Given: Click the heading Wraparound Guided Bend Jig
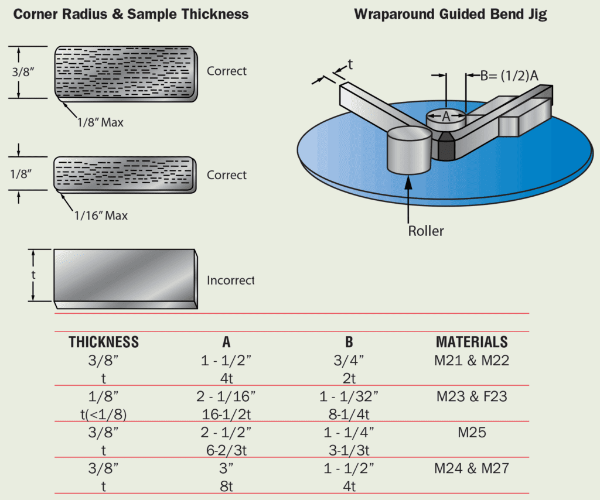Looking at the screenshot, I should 450,15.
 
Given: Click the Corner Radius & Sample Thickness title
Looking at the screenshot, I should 131,15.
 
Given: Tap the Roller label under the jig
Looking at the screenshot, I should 426,231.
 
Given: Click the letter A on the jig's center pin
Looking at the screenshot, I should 446,117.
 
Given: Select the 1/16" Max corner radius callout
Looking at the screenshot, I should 100,215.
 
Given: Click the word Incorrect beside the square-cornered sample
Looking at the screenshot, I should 230,280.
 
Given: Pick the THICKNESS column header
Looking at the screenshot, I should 104,343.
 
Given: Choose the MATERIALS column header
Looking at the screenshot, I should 471,343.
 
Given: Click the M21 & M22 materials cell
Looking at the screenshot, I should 472,361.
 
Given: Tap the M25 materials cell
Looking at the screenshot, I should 472,433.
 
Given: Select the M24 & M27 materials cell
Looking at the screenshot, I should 472,469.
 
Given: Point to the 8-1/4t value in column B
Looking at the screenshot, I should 350,415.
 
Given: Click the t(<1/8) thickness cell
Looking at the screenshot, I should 104,415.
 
